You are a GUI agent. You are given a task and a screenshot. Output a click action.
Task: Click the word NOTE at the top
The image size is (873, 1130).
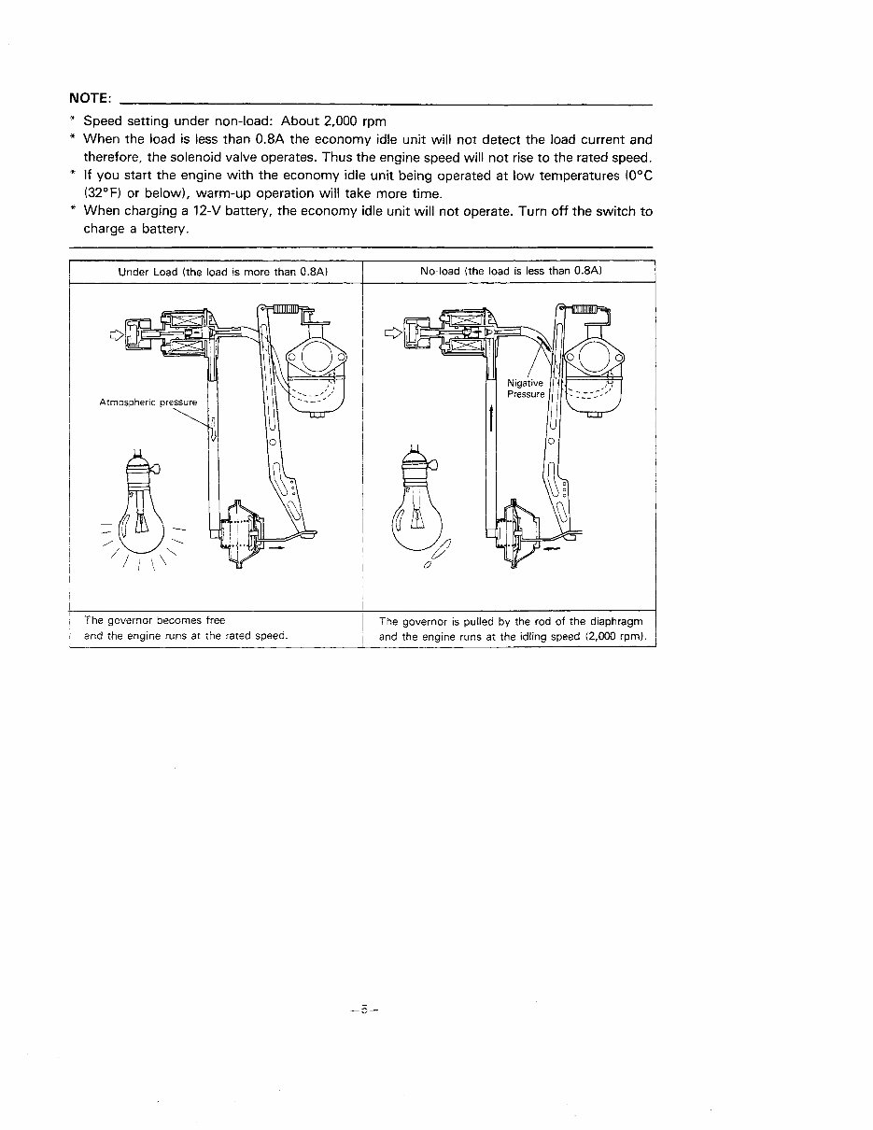[x=90, y=99]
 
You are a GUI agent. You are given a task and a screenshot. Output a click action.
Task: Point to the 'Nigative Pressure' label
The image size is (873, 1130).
[x=526, y=388]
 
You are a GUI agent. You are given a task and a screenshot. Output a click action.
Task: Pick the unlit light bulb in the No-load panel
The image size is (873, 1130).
[x=415, y=513]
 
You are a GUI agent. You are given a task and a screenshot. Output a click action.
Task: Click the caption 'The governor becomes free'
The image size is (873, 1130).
[x=154, y=619]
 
